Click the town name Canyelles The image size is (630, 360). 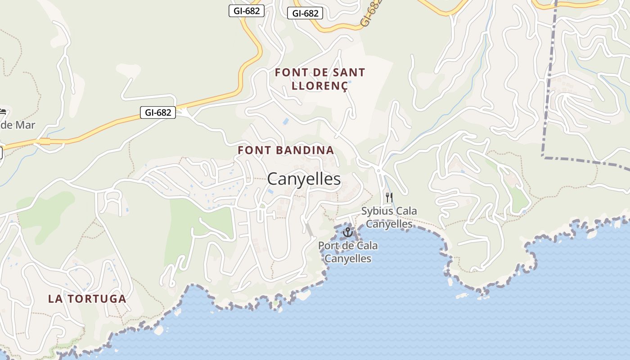[304, 179]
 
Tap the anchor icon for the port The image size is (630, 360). [347, 232]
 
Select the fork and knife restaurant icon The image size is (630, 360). [389, 197]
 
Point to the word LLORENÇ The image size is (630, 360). [320, 85]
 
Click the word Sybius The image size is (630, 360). [377, 211]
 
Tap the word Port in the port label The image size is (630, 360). [328, 246]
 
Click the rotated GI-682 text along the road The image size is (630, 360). [371, 13]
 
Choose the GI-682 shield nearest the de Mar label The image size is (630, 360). [158, 112]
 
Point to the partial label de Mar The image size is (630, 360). [17, 125]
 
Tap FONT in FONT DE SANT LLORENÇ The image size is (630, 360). [291, 72]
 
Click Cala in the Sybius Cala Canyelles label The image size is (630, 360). [406, 211]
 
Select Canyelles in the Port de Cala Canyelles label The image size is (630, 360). [348, 259]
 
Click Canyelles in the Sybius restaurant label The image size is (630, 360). [389, 224]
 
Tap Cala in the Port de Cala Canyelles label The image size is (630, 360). [367, 246]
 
